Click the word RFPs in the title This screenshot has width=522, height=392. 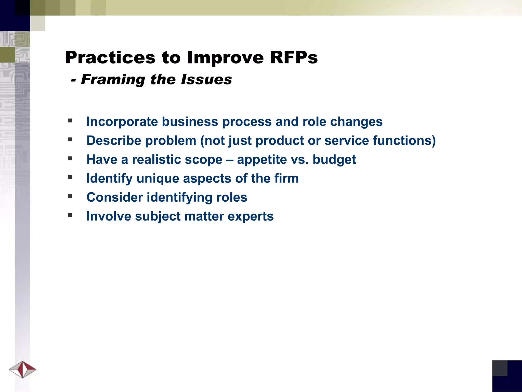point(294,57)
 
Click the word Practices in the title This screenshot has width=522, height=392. point(110,57)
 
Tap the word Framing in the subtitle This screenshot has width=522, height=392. point(113,79)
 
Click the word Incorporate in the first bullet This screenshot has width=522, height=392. point(122,121)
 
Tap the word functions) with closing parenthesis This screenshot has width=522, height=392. point(404,141)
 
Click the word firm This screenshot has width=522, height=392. point(286,178)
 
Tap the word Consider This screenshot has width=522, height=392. point(114,197)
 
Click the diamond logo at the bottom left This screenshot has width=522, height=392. point(23,369)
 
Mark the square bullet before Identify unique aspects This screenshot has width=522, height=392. point(70,177)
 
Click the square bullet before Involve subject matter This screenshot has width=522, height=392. point(70,215)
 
